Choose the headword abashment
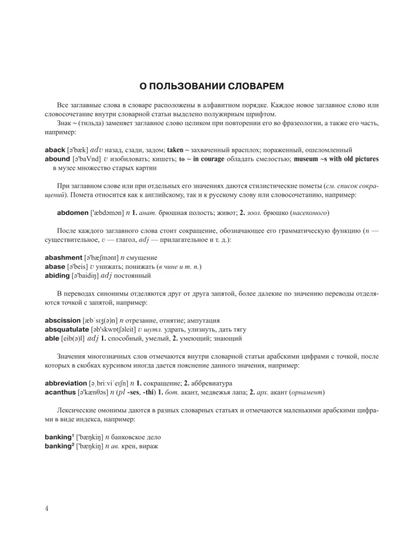tap(66, 258)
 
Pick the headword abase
tap(56, 267)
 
